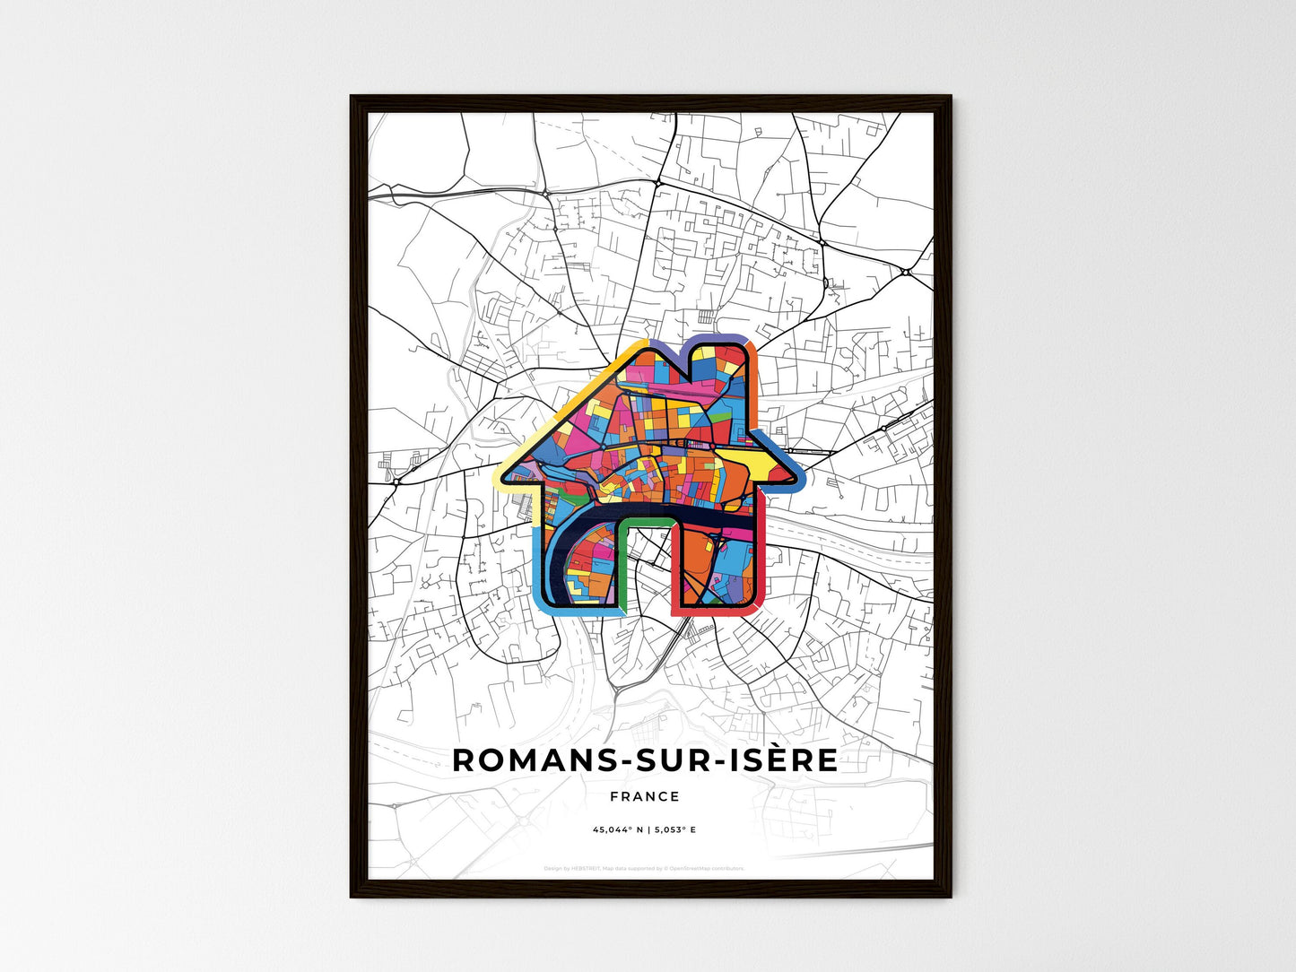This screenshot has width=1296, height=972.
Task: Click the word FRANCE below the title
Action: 645,796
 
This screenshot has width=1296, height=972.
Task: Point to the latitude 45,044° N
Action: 617,829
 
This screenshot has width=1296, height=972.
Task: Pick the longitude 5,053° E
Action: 674,829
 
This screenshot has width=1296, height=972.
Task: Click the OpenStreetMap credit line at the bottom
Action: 645,868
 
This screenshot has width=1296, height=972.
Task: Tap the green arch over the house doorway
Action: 647,522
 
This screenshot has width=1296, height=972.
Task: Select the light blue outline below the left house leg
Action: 574,609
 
